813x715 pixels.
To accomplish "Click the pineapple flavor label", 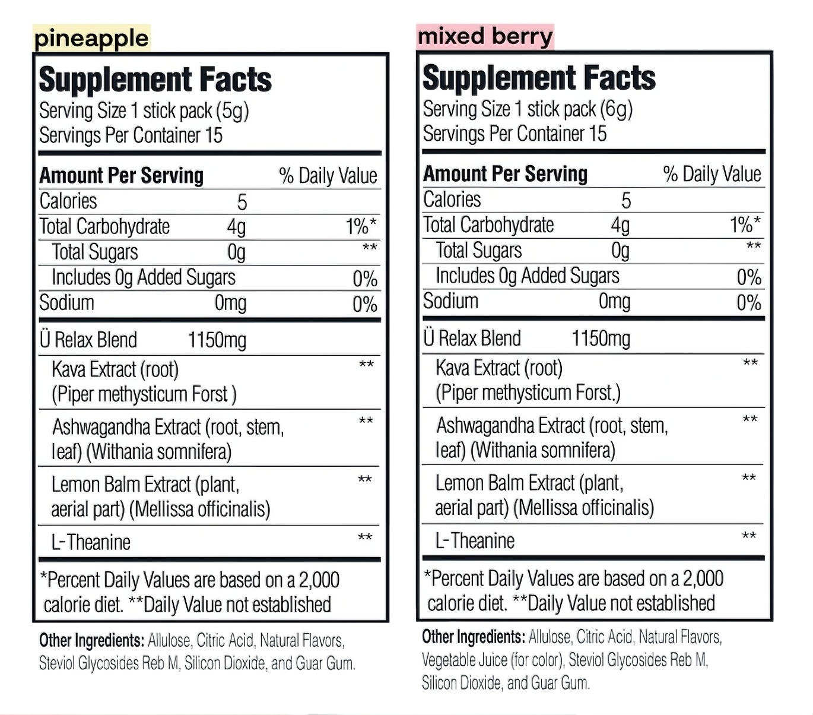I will [91, 39].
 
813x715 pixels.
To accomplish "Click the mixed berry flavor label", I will [485, 37].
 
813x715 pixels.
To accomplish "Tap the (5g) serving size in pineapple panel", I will [232, 111].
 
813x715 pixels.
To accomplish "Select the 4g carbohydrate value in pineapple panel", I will [236, 227].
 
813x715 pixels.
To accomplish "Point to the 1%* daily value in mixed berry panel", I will [745, 225].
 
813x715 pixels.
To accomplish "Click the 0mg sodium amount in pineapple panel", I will [230, 303].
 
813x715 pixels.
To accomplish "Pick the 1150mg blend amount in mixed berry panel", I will [601, 338].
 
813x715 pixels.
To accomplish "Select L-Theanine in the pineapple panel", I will [91, 542].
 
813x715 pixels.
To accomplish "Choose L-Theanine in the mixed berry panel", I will [475, 540].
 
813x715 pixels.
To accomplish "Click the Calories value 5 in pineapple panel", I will [242, 203].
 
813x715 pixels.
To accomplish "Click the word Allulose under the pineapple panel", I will [169, 641].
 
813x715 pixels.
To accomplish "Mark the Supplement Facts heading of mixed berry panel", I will [539, 78].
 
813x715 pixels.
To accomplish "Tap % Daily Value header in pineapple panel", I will [328, 176].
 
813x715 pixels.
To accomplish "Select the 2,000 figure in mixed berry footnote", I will [703, 578].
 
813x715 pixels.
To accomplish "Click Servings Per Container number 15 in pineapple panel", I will [214, 135].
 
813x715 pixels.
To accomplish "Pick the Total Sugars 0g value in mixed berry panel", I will [620, 251].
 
